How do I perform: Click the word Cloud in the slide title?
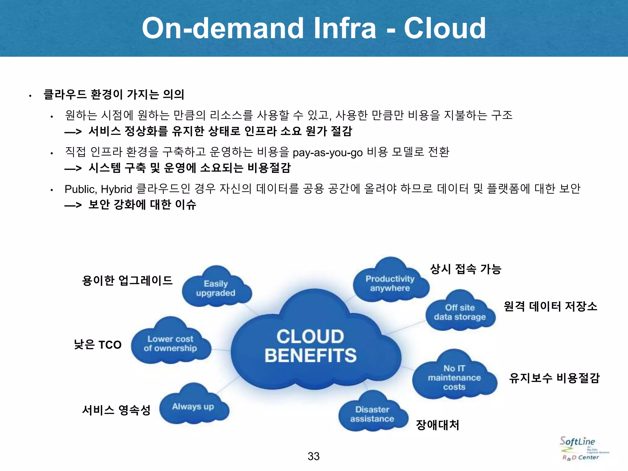click(445, 28)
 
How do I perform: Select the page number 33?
click(313, 456)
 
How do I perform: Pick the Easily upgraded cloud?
click(216, 288)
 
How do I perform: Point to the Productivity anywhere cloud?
click(390, 283)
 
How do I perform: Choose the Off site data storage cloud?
click(460, 312)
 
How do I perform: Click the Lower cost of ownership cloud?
click(170, 343)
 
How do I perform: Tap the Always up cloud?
click(193, 407)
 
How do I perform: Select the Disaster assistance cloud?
click(372, 414)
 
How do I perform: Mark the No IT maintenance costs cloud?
click(454, 377)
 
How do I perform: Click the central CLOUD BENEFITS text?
click(310, 346)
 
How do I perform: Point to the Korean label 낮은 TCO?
click(98, 345)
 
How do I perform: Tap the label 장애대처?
click(438, 425)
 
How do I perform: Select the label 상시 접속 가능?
click(465, 269)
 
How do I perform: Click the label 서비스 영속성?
click(116, 410)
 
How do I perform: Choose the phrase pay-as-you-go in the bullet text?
click(327, 152)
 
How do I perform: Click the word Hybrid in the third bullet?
click(116, 189)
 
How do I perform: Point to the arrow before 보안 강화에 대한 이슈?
click(73, 205)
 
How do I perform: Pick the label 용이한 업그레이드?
click(127, 280)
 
